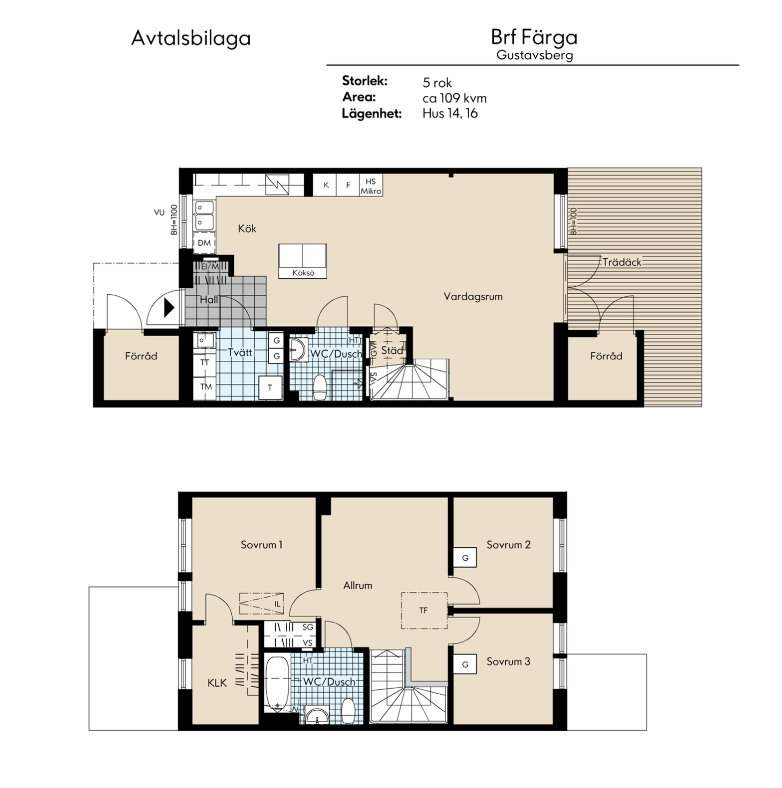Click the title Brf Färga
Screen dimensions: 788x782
(x=534, y=37)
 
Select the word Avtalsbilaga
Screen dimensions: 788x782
(x=190, y=39)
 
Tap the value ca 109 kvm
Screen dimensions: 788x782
(x=454, y=98)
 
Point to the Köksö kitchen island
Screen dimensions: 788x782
(x=303, y=261)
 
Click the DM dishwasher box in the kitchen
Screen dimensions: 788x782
(x=204, y=243)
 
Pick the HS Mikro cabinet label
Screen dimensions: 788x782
(x=371, y=186)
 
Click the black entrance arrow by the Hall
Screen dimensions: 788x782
(x=168, y=308)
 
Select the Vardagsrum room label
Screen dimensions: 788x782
(x=473, y=296)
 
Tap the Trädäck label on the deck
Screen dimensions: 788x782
(x=621, y=262)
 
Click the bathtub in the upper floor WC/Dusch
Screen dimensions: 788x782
(x=277, y=683)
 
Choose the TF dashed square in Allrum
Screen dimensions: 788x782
(x=424, y=610)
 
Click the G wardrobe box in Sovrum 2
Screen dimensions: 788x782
(x=465, y=558)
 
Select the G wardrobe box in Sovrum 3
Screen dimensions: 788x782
(x=465, y=665)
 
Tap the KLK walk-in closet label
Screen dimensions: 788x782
(x=217, y=683)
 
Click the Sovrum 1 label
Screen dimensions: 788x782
(x=261, y=545)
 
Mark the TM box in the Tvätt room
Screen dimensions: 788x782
(x=205, y=386)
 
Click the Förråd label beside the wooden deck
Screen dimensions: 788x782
(x=606, y=356)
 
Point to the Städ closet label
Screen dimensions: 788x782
(x=392, y=351)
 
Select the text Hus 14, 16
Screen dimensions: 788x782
(x=449, y=114)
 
